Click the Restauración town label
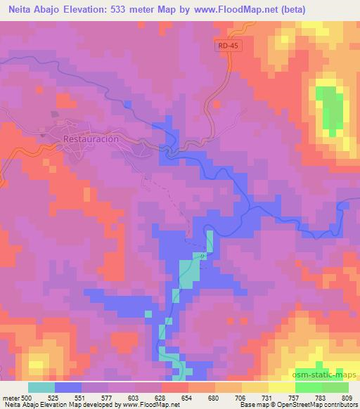[91, 139]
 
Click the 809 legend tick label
[349, 397]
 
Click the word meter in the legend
[11, 397]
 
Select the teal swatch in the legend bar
[41, 387]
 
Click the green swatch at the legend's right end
[335, 387]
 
